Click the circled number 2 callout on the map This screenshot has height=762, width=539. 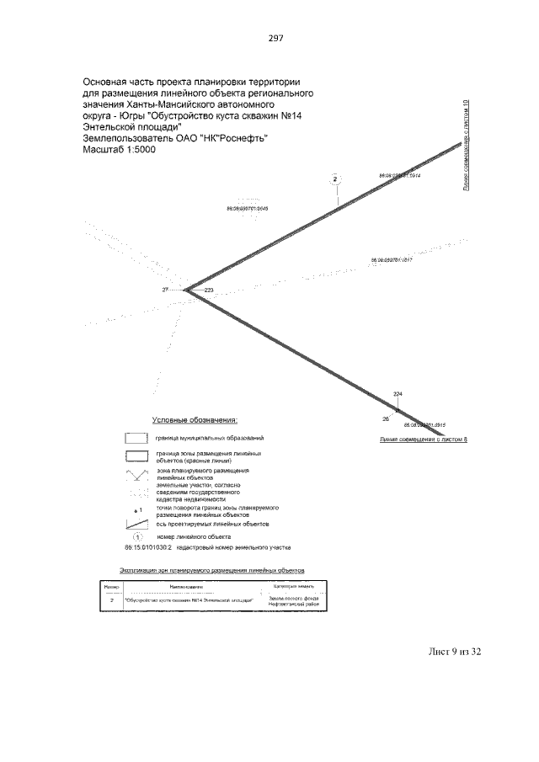tap(334, 180)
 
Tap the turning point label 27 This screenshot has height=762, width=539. tap(167, 290)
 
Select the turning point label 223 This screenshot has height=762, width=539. tap(209, 290)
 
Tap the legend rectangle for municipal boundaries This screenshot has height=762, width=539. tap(136, 439)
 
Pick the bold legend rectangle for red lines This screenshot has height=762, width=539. tap(136, 457)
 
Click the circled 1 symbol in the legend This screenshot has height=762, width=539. tap(139, 536)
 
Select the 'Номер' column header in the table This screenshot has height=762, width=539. tap(112, 586)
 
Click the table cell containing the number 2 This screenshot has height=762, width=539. tap(112, 599)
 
